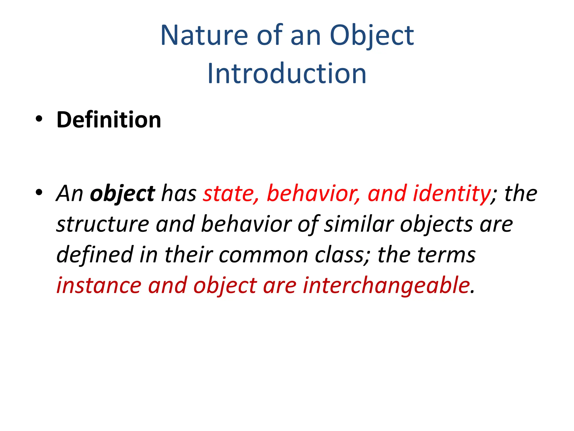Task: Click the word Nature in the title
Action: pyautogui.click(x=204, y=36)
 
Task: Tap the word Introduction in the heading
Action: pyautogui.click(x=287, y=74)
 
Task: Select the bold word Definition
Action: pyautogui.click(x=109, y=120)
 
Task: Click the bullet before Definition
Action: pyautogui.click(x=39, y=119)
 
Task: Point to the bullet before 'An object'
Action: pyautogui.click(x=39, y=192)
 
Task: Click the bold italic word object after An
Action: pyautogui.click(x=122, y=194)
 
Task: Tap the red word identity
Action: pyautogui.click(x=451, y=194)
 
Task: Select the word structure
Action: pyautogui.click(x=103, y=224)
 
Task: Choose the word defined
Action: pyautogui.click(x=95, y=255)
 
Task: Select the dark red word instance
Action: pyautogui.click(x=99, y=285)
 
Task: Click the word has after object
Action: pyautogui.click(x=179, y=194)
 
